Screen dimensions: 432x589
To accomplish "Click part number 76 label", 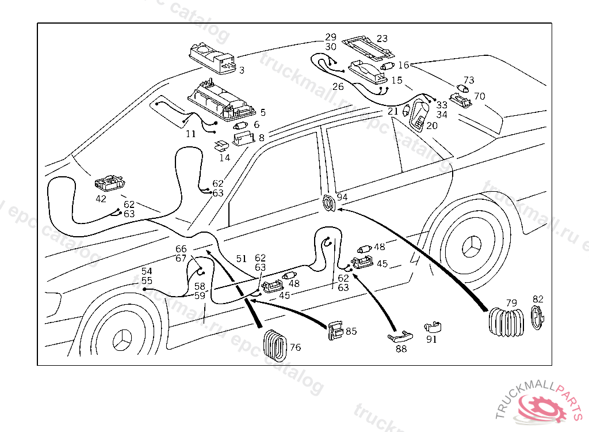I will pos(295,347).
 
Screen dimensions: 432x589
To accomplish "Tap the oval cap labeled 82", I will pos(537,318).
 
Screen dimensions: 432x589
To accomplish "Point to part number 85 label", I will pos(351,331).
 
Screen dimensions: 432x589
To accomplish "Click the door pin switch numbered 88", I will pos(399,336).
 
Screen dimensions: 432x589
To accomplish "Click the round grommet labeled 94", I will pos(330,203).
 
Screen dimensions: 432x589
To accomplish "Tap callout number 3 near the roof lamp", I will pos(242,70).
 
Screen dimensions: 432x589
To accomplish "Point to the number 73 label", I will pos(469,80).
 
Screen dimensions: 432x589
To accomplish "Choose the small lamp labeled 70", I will pos(460,100).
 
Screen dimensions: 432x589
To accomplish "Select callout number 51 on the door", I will pos(241,259).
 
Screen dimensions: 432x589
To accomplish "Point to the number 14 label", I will pos(224,157).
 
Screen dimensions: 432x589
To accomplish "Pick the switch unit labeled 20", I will pos(420,116).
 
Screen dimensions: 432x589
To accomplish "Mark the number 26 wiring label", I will pos(338,87).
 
